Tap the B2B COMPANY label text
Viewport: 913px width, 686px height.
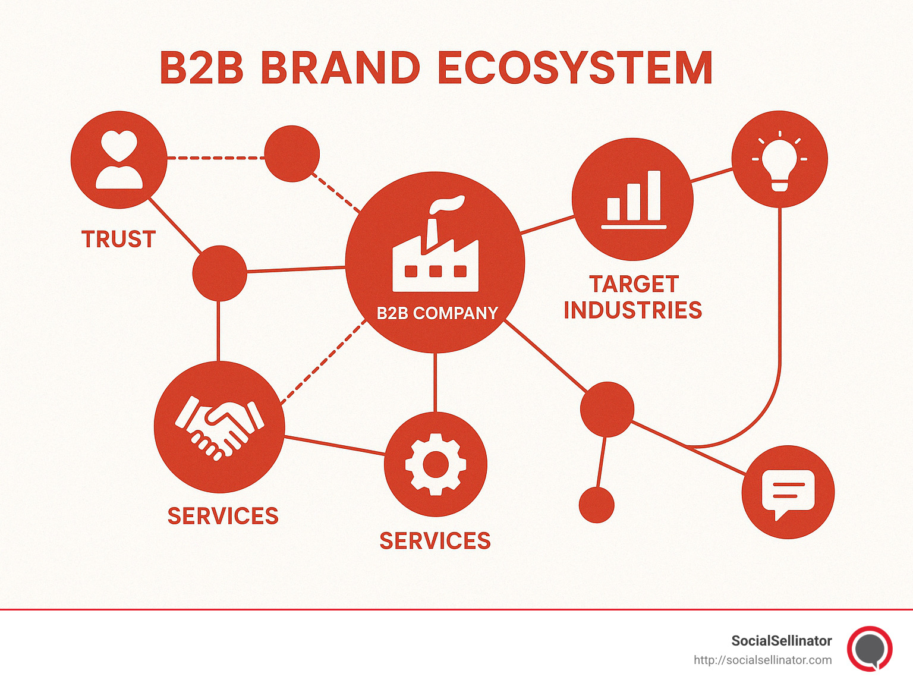(437, 313)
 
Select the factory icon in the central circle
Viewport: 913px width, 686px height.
(435, 250)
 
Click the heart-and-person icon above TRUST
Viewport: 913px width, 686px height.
(119, 160)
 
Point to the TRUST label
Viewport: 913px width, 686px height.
(118, 240)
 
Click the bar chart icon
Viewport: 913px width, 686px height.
(633, 200)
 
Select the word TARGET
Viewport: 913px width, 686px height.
(634, 284)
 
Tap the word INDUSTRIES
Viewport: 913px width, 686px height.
(633, 310)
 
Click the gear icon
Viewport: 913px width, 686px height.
(435, 464)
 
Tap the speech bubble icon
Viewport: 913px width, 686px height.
(788, 492)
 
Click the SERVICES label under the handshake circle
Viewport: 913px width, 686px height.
(223, 516)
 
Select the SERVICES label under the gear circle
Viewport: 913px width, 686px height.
(435, 541)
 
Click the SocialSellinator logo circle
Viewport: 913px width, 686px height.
(870, 649)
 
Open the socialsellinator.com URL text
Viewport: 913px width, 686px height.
(763, 660)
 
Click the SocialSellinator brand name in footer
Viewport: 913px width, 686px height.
(781, 641)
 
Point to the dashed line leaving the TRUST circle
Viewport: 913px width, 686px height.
(215, 158)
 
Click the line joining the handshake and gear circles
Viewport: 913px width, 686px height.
(335, 445)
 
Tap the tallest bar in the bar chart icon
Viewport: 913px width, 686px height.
(654, 196)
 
